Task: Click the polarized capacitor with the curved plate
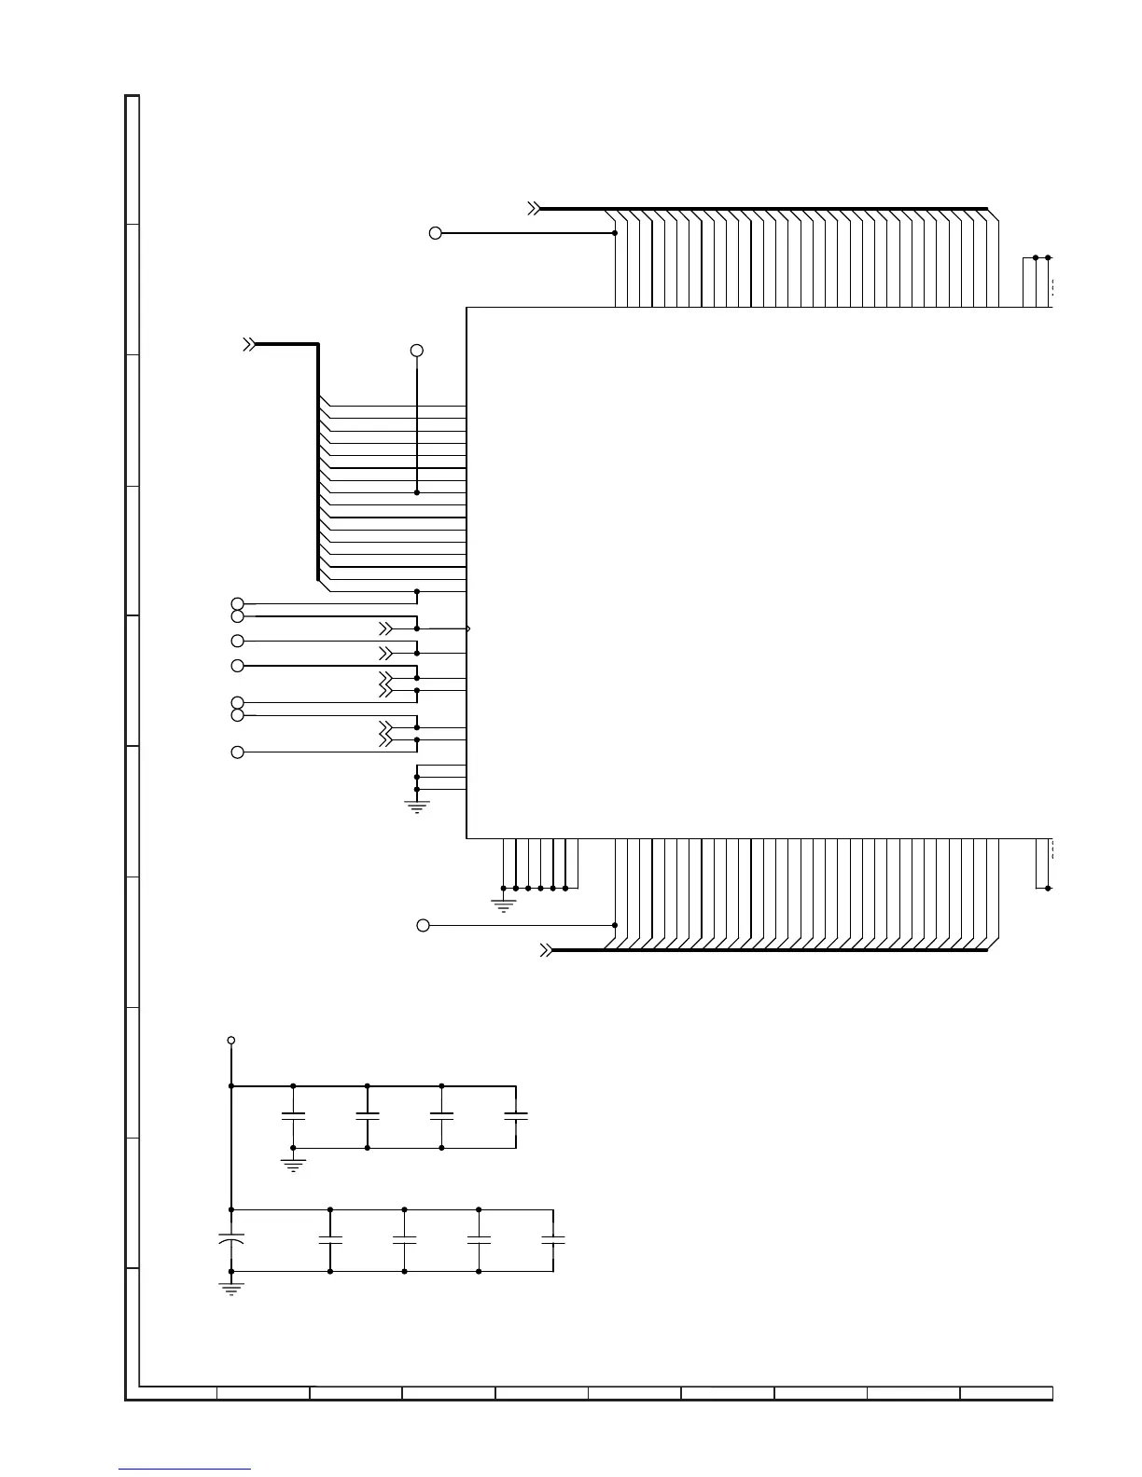click(x=230, y=1240)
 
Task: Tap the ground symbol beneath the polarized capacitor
click(x=230, y=1288)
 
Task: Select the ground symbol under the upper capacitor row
click(x=293, y=1165)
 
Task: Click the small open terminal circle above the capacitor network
click(x=230, y=1040)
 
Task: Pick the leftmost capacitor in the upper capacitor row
click(x=293, y=1116)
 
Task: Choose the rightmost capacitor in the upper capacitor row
click(x=516, y=1116)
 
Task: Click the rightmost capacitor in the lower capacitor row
click(x=553, y=1240)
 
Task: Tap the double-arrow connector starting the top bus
click(x=534, y=209)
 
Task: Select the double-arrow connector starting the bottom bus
click(x=547, y=950)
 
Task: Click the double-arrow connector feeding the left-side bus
click(x=249, y=344)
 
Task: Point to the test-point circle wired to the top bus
click(x=435, y=233)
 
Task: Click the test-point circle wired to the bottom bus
click(x=423, y=925)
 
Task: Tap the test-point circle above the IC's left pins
click(x=417, y=350)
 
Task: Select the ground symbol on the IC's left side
click(x=416, y=807)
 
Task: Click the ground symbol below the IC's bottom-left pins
click(x=503, y=904)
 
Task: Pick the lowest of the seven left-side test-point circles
click(x=237, y=752)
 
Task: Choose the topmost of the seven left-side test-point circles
click(x=237, y=604)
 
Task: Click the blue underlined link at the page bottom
click(x=185, y=1469)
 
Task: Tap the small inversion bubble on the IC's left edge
click(x=467, y=628)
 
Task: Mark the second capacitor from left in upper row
click(x=368, y=1116)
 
